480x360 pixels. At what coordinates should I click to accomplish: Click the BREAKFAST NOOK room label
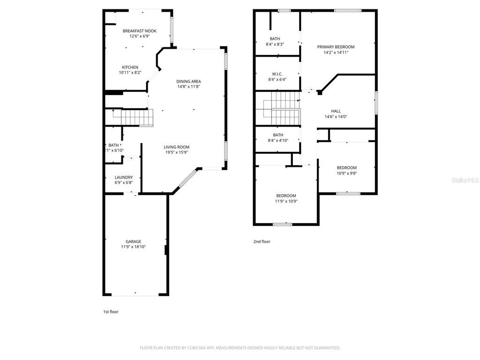(x=140, y=31)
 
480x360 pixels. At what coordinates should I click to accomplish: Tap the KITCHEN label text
(x=130, y=67)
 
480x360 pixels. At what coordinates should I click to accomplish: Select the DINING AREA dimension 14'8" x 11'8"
(x=189, y=87)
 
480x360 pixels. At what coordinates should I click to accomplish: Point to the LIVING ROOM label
(x=176, y=147)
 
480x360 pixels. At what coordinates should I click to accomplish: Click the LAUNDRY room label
(x=124, y=177)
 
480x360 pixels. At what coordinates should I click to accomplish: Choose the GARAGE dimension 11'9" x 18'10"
(x=133, y=247)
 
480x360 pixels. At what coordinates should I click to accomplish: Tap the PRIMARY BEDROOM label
(x=336, y=47)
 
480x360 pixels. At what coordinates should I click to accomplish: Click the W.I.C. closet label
(x=277, y=74)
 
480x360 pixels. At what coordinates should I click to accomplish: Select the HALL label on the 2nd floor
(x=336, y=111)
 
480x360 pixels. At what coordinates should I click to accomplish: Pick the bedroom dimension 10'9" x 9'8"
(x=347, y=173)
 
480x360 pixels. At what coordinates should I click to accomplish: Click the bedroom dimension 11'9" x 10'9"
(x=286, y=201)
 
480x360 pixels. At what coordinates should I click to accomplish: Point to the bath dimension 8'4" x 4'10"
(x=278, y=140)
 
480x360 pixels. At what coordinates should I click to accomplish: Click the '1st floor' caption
(x=111, y=311)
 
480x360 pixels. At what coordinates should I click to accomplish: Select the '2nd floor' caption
(x=262, y=242)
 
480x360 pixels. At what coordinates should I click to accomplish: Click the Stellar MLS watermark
(x=465, y=180)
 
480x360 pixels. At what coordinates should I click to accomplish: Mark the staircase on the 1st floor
(x=136, y=117)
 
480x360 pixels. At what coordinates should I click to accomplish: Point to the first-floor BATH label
(x=113, y=145)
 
